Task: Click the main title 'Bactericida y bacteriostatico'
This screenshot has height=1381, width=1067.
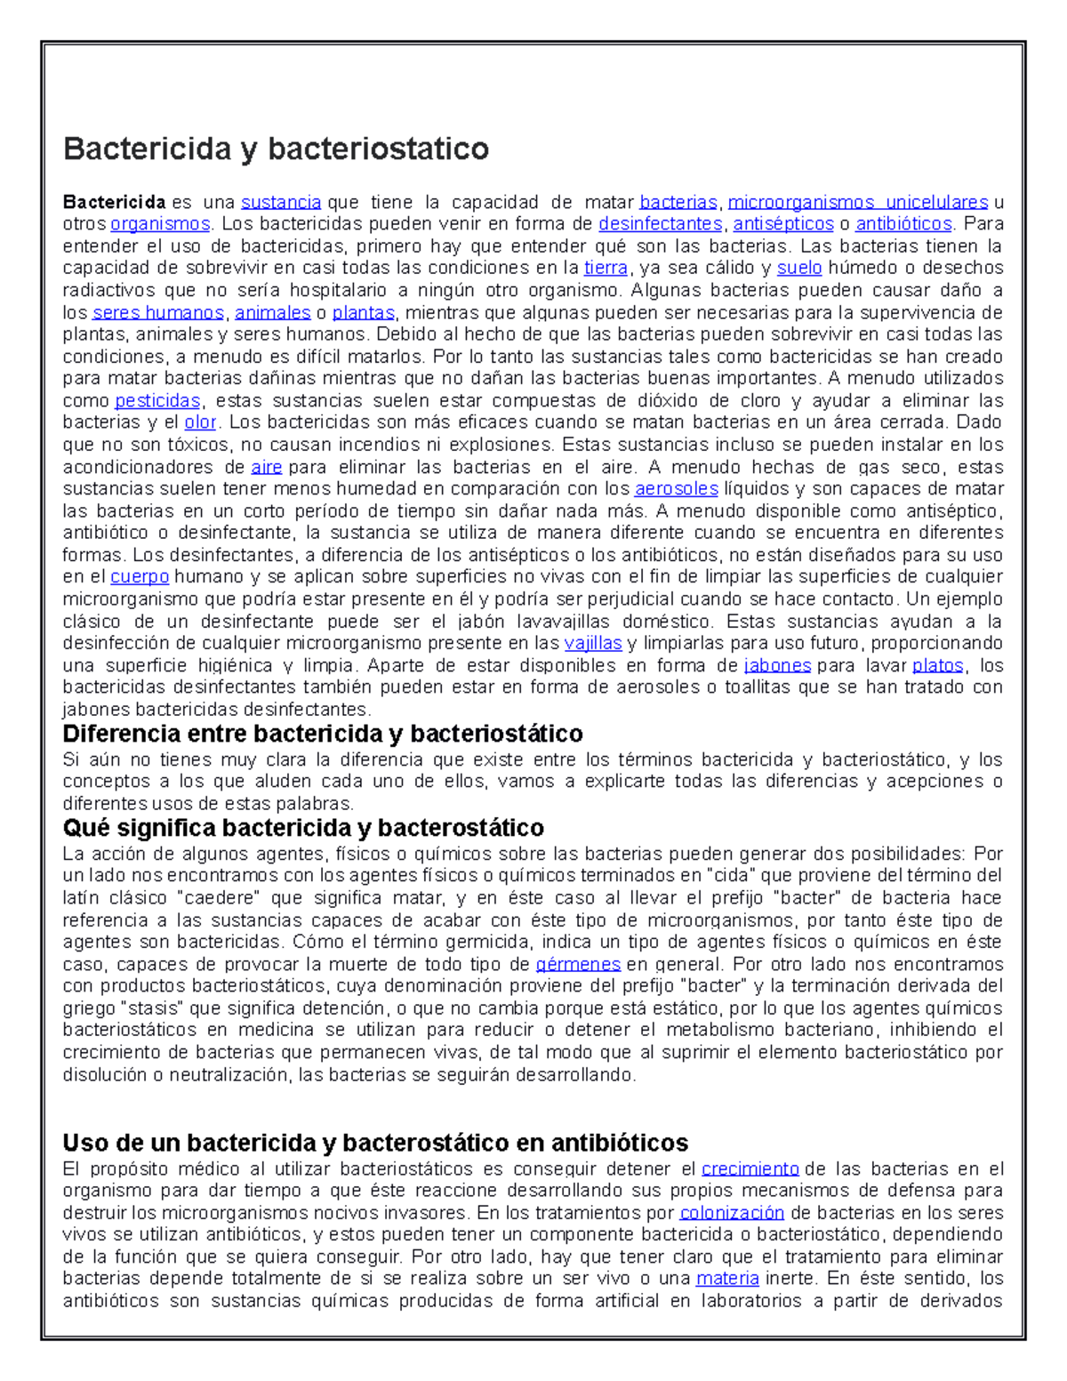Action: coord(276,148)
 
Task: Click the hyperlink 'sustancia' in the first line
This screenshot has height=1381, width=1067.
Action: coord(281,202)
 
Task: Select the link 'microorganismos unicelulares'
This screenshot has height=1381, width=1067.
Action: coord(857,202)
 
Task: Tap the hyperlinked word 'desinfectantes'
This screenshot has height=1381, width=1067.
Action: coord(660,224)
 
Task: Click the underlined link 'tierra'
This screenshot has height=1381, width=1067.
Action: coord(606,269)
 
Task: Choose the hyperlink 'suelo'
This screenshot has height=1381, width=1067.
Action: coord(798,269)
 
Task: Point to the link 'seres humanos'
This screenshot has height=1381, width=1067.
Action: coord(158,313)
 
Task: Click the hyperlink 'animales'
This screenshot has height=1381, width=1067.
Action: coord(272,313)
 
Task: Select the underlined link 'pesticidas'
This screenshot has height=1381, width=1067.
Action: coord(157,401)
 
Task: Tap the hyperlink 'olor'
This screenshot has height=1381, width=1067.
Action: coord(200,422)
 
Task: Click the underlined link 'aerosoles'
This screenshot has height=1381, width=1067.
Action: coord(676,489)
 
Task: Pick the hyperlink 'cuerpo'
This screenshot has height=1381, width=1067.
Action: coord(139,577)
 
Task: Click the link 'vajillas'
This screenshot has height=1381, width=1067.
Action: coord(592,643)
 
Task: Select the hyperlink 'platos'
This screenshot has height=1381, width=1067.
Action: coord(938,665)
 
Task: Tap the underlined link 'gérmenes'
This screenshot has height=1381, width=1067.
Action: coord(578,965)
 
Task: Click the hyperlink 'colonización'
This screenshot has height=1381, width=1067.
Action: coord(732,1213)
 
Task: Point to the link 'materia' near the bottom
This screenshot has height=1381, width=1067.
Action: coord(727,1279)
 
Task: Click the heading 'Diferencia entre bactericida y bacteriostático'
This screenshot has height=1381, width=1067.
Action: coord(323,734)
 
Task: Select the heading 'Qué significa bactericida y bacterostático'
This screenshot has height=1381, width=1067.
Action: coord(303,828)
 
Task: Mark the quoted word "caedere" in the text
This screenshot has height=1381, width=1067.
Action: coord(219,898)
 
